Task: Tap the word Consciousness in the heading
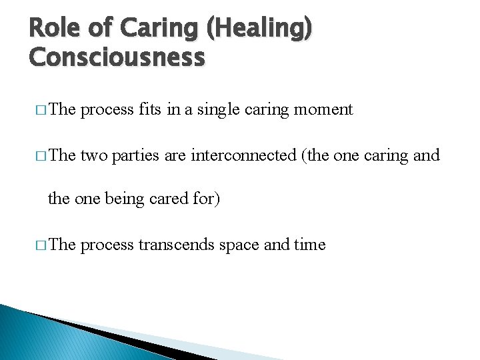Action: [x=117, y=58]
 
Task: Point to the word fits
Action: [x=151, y=109]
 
